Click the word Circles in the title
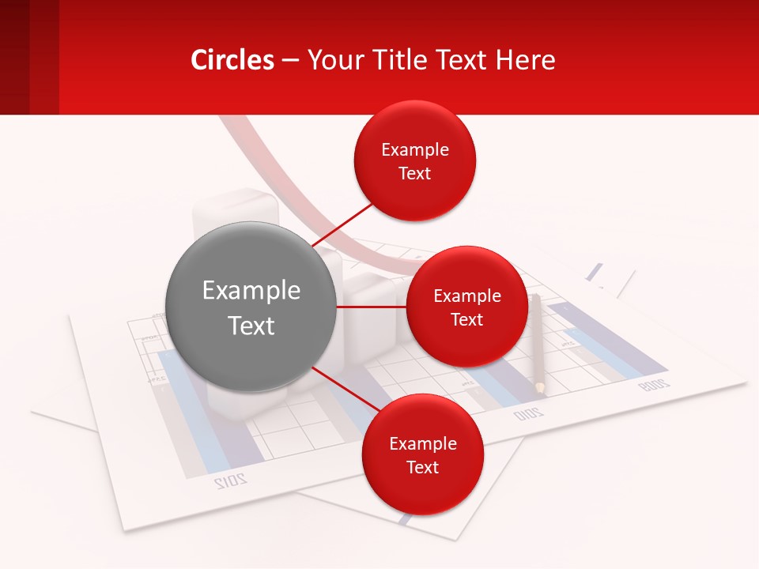click(x=232, y=60)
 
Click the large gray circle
click(x=251, y=307)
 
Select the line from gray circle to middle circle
click(x=371, y=307)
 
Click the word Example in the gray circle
click(x=251, y=290)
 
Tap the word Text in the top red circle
click(x=415, y=173)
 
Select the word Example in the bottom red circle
click(x=422, y=443)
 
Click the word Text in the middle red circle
click(x=466, y=319)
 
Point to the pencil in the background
click(x=537, y=340)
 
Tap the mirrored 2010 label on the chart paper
click(x=528, y=413)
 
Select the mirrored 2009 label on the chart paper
click(x=654, y=385)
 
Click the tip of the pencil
click(x=540, y=390)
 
